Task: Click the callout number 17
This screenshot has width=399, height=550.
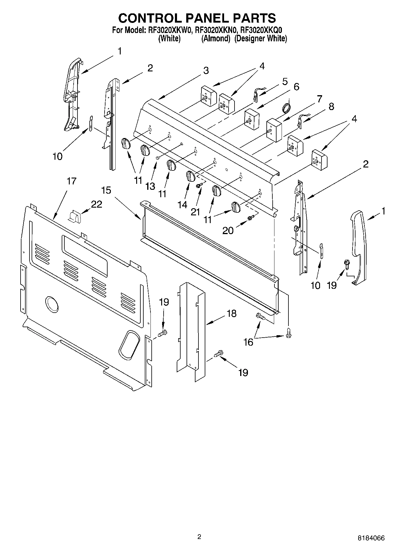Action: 71,181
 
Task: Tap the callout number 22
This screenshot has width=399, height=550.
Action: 97,204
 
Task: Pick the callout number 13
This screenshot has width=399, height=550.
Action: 150,186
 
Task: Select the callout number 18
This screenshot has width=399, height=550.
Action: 231,313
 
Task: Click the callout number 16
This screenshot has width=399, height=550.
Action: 248,342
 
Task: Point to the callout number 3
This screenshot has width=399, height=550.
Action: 206,70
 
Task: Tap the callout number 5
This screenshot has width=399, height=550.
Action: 285,81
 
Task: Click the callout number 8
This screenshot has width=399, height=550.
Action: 331,106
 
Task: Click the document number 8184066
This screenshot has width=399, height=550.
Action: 371,538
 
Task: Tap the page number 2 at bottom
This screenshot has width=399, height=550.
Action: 199,537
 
